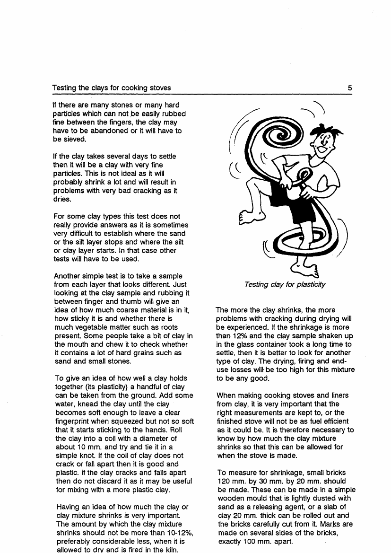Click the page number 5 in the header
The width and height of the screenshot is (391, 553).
349,88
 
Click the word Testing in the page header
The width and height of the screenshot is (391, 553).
64,88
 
